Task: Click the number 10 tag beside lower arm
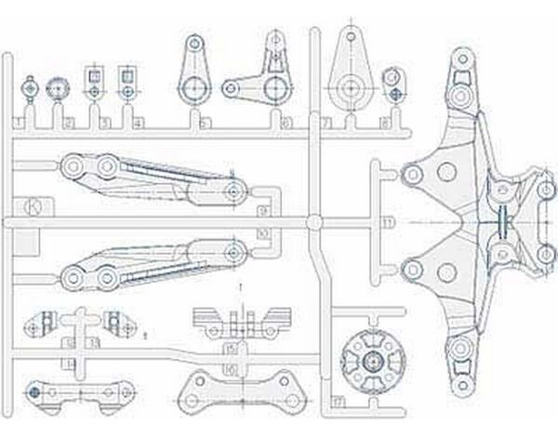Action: click(263, 232)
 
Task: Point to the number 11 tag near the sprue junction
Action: click(389, 223)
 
